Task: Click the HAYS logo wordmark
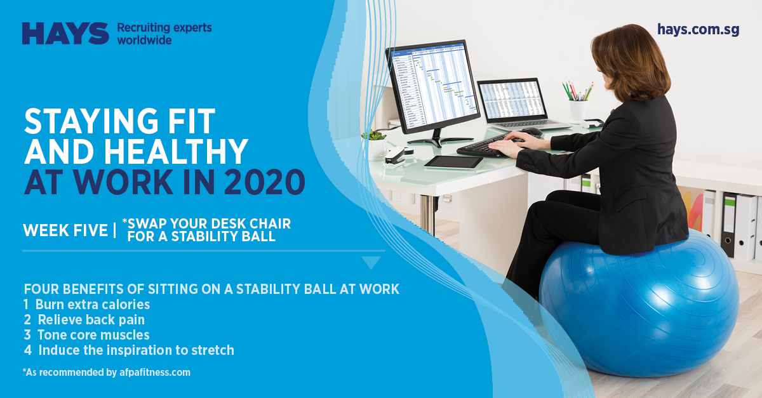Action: click(x=65, y=34)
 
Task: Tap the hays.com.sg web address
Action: click(x=698, y=30)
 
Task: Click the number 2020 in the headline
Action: click(x=264, y=182)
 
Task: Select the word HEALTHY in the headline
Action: click(x=176, y=152)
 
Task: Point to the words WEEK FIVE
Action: click(x=65, y=230)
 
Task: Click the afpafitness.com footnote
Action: click(x=107, y=373)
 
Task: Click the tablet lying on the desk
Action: click(x=453, y=162)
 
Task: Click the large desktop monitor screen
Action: click(x=432, y=85)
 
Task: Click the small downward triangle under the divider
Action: click(x=371, y=263)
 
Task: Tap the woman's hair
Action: click(x=632, y=63)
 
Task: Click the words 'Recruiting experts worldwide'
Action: click(x=164, y=34)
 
